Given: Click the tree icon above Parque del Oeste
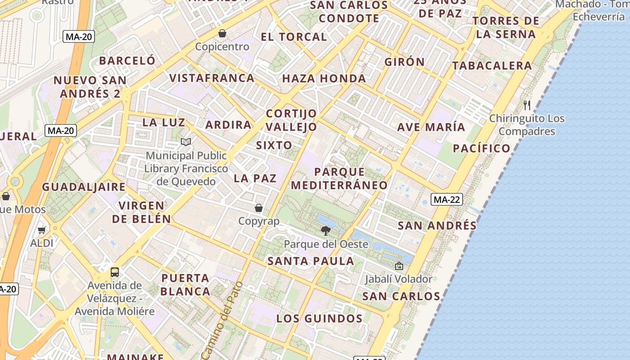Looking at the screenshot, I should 325,231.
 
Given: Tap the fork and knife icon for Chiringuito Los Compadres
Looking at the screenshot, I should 527,105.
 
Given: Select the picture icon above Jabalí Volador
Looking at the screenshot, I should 399,266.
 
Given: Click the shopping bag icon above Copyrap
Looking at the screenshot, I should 259,208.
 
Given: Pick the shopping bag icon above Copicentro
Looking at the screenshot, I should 222,33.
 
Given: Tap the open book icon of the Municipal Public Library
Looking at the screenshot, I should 186,142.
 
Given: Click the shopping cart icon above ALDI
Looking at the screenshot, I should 42,230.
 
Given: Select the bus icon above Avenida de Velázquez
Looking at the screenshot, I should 115,272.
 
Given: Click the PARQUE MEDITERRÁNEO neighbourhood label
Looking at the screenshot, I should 339,178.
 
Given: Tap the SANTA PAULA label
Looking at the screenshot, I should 311,261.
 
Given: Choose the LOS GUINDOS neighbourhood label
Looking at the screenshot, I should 319,319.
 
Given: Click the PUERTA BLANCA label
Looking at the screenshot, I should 185,284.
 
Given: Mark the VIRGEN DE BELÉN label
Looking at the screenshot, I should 141,212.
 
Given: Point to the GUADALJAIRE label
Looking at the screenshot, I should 84,187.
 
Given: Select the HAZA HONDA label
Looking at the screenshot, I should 324,78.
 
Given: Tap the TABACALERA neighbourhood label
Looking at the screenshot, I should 492,66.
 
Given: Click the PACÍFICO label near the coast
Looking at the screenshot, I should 481,148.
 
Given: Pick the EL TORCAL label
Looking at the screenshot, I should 294,37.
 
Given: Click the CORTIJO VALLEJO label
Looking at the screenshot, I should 291,120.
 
